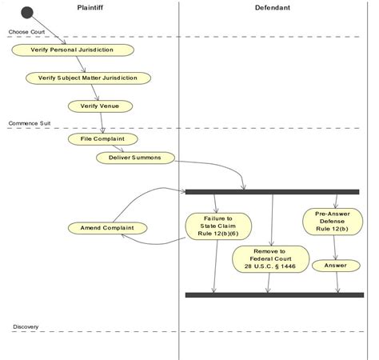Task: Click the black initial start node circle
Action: tap(27, 12)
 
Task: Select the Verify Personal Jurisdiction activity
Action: tap(72, 50)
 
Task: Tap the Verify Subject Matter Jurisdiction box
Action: tap(93, 78)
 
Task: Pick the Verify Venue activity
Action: tap(100, 105)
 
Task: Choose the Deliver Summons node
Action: tap(134, 158)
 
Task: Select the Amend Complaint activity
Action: tap(108, 228)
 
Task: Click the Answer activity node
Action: tap(333, 265)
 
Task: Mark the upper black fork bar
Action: tap(272, 192)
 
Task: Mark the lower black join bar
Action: tap(272, 295)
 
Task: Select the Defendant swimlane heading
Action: tap(272, 7)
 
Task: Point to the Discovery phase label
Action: tap(25, 327)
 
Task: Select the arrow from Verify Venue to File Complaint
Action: tap(102, 122)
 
